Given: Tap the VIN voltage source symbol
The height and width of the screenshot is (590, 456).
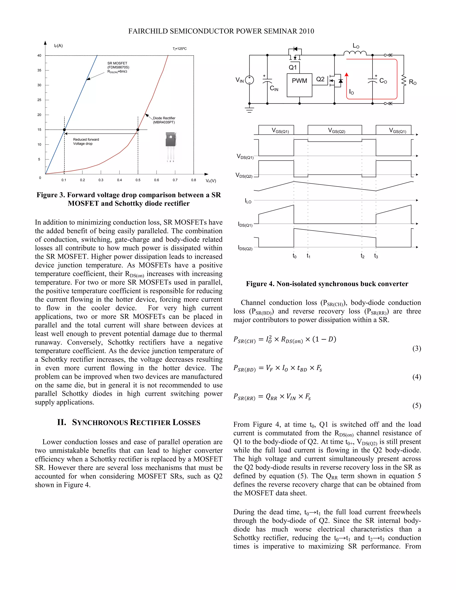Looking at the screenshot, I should point(249,80).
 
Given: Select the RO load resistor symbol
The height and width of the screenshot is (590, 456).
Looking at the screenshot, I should point(404,81).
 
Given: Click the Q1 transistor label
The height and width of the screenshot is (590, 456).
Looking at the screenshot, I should point(293,67).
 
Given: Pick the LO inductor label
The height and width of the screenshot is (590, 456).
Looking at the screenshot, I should point(356,46).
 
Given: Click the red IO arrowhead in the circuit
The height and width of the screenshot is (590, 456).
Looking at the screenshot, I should point(347,75).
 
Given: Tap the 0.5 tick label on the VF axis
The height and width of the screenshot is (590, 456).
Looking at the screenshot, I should point(138,180).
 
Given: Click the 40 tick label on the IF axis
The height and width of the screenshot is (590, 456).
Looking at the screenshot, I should point(39,56).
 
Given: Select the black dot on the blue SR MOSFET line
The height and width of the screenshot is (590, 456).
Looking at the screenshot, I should point(64,130).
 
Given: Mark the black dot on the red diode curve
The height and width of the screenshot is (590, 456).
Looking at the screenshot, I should point(138,130).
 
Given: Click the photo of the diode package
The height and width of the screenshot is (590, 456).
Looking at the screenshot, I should point(171,146).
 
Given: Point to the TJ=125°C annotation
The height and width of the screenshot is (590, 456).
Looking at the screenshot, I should point(180,49).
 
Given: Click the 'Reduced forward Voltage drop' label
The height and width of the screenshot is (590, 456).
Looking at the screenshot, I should point(86,142).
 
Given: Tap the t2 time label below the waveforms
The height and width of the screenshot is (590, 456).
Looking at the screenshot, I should point(362,256).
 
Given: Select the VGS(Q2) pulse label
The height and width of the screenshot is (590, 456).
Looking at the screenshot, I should point(337,131).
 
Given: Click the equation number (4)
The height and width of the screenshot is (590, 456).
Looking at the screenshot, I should point(417,377).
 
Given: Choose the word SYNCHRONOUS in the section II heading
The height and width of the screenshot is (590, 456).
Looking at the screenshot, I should point(100,423).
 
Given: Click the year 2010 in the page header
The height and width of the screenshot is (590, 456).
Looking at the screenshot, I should point(307,31).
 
